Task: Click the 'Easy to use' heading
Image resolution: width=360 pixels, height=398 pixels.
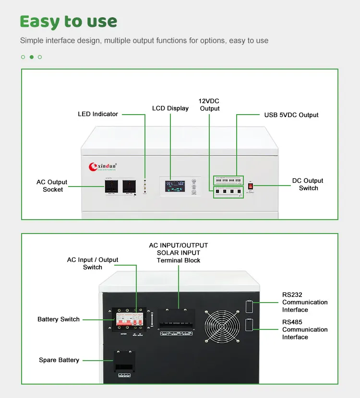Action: pos(69,22)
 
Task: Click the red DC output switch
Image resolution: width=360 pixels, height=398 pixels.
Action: pos(250,186)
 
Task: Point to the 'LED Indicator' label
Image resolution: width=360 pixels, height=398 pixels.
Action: pos(98,114)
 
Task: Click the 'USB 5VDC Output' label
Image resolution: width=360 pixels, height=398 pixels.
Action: pos(291,115)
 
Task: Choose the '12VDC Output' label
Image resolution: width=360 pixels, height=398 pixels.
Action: pos(209,105)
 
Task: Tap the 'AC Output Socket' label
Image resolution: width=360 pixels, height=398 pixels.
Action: pos(52,186)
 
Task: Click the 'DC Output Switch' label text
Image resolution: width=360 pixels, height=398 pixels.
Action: pos(308,184)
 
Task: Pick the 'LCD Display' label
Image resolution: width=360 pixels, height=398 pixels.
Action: pos(170,108)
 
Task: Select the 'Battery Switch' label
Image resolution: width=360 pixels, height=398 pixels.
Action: pos(59,319)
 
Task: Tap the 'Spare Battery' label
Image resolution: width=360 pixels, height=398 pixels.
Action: pos(59,360)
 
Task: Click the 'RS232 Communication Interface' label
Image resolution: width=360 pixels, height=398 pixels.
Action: pos(305,302)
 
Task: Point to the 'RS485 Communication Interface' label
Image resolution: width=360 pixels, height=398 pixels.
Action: pos(305,329)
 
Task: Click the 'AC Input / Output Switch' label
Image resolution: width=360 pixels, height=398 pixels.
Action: pos(93,263)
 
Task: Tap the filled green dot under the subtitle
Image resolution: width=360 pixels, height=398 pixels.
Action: pos(31,57)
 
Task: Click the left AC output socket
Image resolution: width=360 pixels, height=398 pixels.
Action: pos(112,187)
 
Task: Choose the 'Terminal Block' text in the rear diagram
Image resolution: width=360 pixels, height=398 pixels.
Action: pos(179,260)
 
